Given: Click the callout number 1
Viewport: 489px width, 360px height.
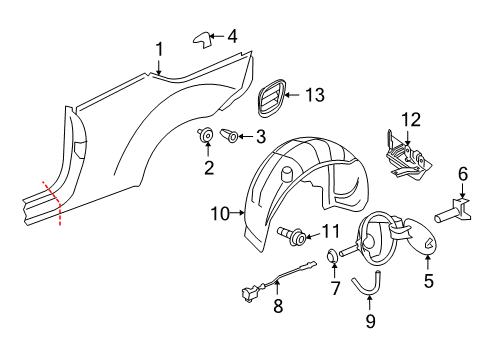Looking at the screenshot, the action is [x=160, y=50].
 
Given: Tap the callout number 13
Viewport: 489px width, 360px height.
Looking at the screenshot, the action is [x=315, y=95].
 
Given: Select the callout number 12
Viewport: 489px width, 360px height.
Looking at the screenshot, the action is [x=411, y=120].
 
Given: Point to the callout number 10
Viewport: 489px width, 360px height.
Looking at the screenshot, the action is [x=220, y=214].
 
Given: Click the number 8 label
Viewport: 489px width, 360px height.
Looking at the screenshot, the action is [x=278, y=306].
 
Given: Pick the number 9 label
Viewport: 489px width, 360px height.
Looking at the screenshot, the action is [x=370, y=321].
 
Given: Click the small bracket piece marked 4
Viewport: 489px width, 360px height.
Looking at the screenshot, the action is [x=202, y=40].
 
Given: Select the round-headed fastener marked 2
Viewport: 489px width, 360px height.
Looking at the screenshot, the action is [x=205, y=136].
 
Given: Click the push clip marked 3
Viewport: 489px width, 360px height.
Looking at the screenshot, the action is [x=229, y=136].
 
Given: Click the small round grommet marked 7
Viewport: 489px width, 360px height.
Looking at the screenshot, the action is [x=332, y=256].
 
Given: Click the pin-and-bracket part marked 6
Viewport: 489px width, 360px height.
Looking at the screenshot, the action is [x=453, y=213].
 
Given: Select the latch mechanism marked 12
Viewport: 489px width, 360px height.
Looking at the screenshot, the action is [x=407, y=157].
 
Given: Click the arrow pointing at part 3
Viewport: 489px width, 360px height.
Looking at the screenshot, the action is [x=246, y=136].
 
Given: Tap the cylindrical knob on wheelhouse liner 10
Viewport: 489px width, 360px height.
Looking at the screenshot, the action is [x=287, y=174].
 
